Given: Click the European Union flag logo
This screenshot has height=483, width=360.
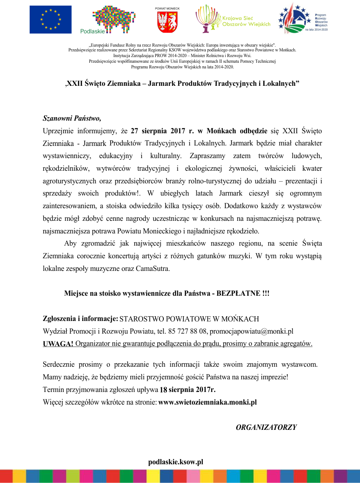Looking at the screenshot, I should (x=51, y=20).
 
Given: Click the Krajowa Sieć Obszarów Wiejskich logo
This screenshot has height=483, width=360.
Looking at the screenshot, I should (x=233, y=19).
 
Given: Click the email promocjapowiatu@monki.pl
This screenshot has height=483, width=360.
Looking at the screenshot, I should (x=258, y=331).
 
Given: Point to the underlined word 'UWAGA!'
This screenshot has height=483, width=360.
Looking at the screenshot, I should (x=58, y=344).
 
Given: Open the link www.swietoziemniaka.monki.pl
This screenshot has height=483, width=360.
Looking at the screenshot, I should (x=207, y=402).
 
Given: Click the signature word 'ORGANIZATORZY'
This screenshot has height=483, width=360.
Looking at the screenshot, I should (x=266, y=427).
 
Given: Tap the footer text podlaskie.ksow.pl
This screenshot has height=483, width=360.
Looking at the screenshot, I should (x=176, y=462).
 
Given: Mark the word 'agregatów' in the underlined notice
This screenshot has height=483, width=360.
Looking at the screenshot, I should (x=296, y=344).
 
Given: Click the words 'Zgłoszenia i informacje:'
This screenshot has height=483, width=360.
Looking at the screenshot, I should (x=81, y=318).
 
